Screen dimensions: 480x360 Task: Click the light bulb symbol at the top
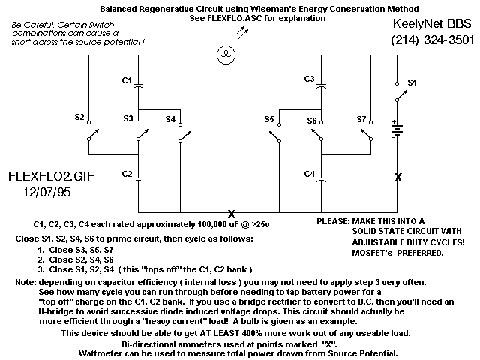[226, 55]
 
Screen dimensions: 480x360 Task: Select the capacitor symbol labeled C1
[138, 85]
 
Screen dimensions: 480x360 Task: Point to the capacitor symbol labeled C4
[321, 179]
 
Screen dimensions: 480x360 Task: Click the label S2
[79, 117]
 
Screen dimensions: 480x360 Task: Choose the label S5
[269, 119]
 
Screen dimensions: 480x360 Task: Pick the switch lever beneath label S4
[185, 136]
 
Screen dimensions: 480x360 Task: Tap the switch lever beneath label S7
[366, 135]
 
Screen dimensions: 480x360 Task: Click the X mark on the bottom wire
[232, 214]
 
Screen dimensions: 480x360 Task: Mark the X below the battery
[397, 177]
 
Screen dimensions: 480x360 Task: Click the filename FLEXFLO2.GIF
[51, 177]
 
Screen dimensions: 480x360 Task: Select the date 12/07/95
[46, 192]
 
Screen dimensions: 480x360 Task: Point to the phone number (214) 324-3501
[433, 40]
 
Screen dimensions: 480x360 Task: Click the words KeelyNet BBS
[432, 23]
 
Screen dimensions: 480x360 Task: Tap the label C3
[309, 79]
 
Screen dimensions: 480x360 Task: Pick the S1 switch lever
[402, 95]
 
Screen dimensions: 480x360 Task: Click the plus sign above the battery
[394, 122]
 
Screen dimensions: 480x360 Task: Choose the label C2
[127, 174]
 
